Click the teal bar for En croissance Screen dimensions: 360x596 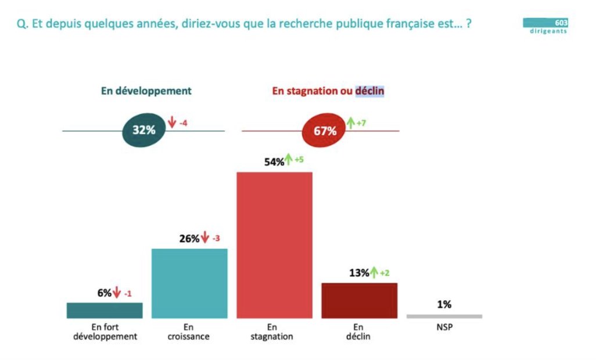click(189, 283)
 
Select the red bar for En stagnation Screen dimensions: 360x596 click(274, 245)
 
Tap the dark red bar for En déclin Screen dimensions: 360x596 click(359, 300)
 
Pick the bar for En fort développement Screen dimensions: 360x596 click(105, 310)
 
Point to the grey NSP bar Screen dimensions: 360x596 click(444, 316)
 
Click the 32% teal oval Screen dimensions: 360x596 click(144, 131)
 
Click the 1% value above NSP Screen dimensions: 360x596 click(444, 304)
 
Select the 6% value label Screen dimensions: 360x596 click(105, 293)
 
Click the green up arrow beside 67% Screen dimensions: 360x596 click(350, 123)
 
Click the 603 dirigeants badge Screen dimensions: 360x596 click(545, 26)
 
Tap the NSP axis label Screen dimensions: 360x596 click(444, 327)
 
